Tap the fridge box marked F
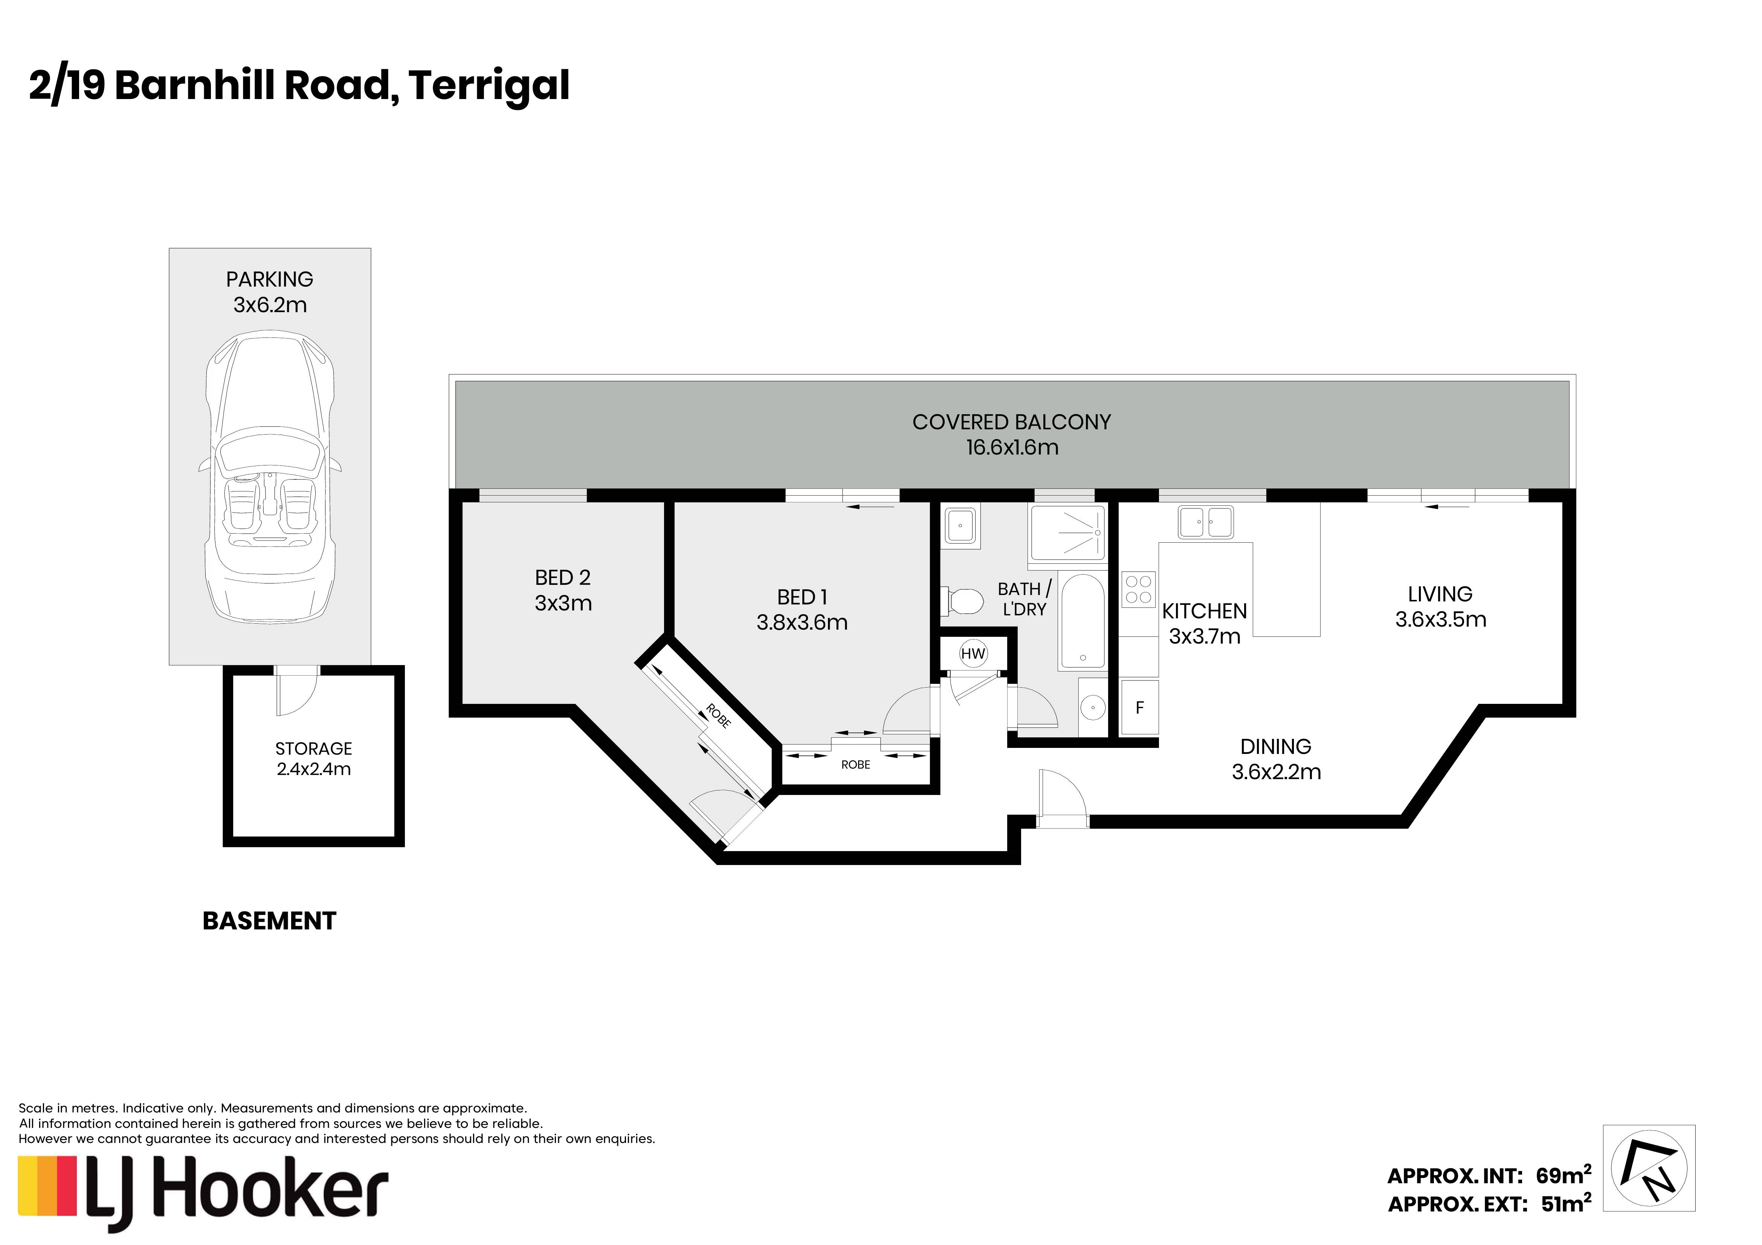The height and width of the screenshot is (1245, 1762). click(x=1140, y=707)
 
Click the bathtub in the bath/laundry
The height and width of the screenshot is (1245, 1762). click(x=1083, y=621)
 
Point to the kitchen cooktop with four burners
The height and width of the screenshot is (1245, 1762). click(x=1139, y=589)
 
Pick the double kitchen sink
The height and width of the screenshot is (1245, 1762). click(x=1206, y=522)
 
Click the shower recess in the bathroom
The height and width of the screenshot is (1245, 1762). click(x=1067, y=532)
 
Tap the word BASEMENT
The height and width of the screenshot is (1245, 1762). click(x=269, y=920)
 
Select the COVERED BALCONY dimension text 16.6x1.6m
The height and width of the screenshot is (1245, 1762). click(x=1012, y=447)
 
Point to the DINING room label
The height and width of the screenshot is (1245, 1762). click(x=1275, y=746)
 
